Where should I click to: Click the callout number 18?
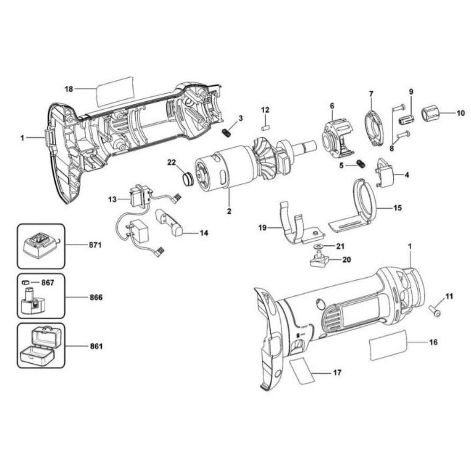point(69,89)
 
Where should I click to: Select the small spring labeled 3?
point(227,133)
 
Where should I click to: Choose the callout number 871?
point(96,245)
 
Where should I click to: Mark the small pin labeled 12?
point(265,126)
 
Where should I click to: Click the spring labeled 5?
point(362,164)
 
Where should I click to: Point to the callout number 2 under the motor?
point(229,211)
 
